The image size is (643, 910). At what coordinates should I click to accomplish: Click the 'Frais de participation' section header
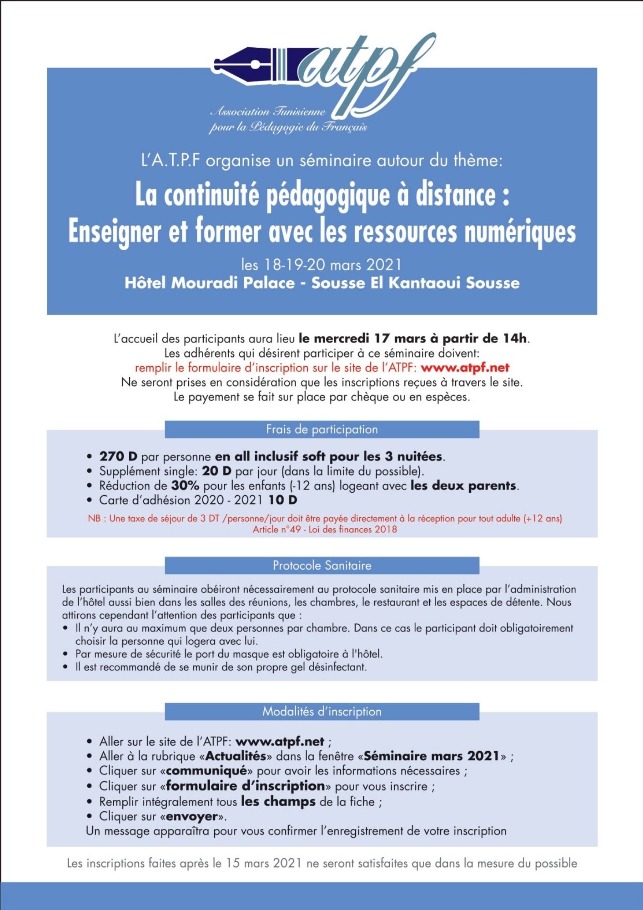(x=322, y=430)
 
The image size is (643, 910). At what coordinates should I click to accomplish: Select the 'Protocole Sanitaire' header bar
(x=322, y=566)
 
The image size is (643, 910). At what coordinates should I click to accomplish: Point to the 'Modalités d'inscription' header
(x=322, y=712)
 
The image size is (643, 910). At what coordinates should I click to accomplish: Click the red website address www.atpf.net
(x=465, y=368)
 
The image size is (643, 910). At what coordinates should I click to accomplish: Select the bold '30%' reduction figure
(x=185, y=485)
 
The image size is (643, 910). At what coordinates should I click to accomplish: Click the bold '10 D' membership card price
(x=282, y=500)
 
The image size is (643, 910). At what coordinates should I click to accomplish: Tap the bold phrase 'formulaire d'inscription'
(x=246, y=786)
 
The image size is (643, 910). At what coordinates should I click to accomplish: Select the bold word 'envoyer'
(x=192, y=816)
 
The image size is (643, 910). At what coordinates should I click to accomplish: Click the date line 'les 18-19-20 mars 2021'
(x=321, y=264)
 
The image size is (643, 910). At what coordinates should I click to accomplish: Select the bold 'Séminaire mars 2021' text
(x=432, y=756)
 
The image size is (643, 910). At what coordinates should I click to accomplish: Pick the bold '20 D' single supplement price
(x=216, y=471)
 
